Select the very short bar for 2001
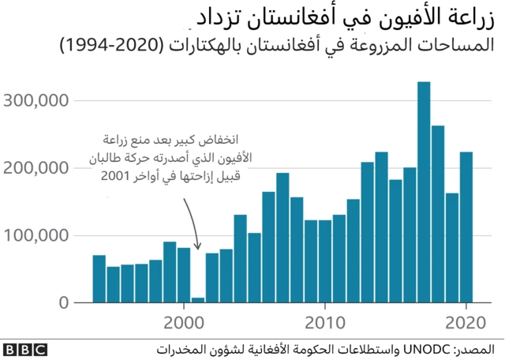pyautogui.click(x=198, y=300)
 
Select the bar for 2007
pyautogui.click(x=282, y=238)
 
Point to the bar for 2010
pyautogui.click(x=325, y=261)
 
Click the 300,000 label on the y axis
pyautogui.click(x=37, y=100)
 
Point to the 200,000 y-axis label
pyautogui.click(x=37, y=167)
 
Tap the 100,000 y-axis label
pyautogui.click(x=37, y=235)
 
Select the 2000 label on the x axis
pyautogui.click(x=184, y=323)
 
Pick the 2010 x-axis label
pyautogui.click(x=324, y=323)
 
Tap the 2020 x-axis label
pyautogui.click(x=466, y=323)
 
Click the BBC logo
pyautogui.click(x=24, y=348)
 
